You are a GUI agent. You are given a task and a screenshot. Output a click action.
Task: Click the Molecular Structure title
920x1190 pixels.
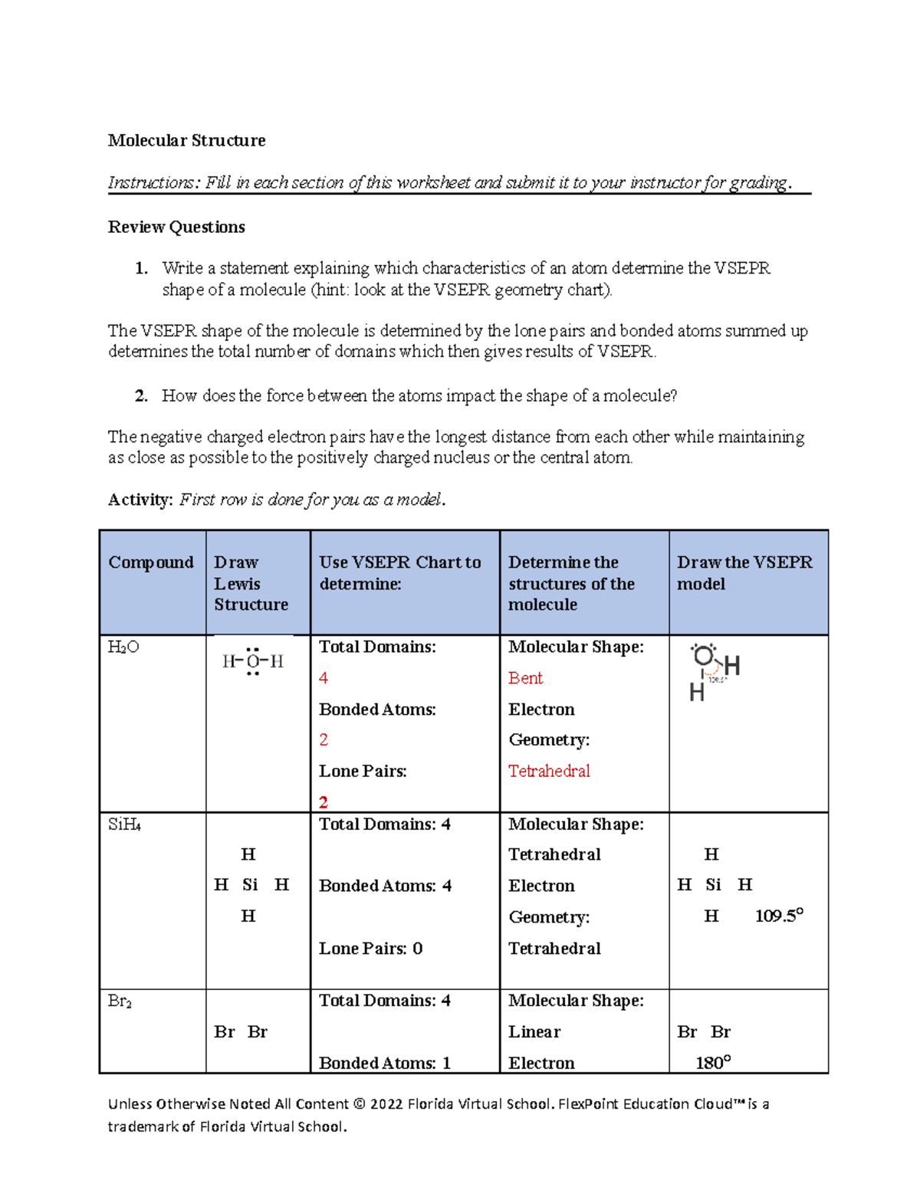pyautogui.click(x=186, y=140)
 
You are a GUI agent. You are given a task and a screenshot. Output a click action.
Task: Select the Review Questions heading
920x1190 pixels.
pyautogui.click(x=176, y=227)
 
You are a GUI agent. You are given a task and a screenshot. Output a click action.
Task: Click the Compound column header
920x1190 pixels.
pyautogui.click(x=151, y=562)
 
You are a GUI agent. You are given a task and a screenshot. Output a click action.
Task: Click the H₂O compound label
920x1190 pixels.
pyautogui.click(x=123, y=647)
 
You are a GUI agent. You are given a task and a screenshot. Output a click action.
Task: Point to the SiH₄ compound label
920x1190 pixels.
pyautogui.click(x=124, y=825)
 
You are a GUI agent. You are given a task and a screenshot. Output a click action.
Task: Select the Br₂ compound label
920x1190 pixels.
pyautogui.click(x=120, y=1002)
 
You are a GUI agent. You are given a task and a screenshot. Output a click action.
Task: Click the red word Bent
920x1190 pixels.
pyautogui.click(x=525, y=678)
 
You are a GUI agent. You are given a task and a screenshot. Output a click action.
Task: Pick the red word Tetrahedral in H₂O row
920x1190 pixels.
pyautogui.click(x=549, y=771)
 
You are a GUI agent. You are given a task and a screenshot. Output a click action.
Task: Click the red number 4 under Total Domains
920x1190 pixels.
pyautogui.click(x=324, y=678)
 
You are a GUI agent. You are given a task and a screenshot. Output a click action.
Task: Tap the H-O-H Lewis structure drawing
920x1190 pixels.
pyautogui.click(x=252, y=661)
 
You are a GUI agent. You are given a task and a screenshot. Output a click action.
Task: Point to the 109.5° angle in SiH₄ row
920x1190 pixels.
pyautogui.click(x=779, y=916)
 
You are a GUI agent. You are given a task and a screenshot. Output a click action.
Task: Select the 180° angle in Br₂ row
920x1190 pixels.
pyautogui.click(x=713, y=1063)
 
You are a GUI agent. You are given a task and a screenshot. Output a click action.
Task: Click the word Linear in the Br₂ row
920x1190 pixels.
pyautogui.click(x=534, y=1032)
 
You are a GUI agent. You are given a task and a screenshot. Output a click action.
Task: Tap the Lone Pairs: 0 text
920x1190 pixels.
pyautogui.click(x=371, y=949)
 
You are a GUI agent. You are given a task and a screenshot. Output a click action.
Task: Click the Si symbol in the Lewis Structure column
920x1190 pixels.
pyautogui.click(x=250, y=885)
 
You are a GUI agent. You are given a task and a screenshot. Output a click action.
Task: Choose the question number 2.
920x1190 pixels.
pyautogui.click(x=141, y=396)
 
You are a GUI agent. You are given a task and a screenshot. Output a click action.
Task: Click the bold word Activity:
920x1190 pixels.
pyautogui.click(x=140, y=500)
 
